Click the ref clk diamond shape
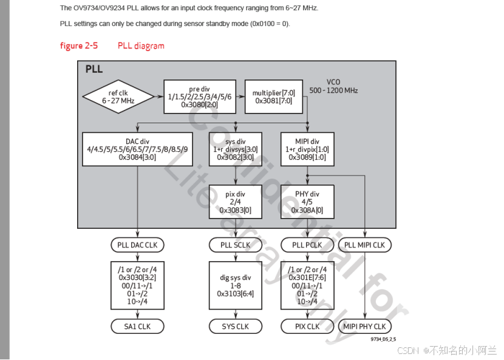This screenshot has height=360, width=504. coord(118,97)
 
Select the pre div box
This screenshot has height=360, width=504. coord(200,97)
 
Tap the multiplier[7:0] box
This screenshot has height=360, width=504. coord(273,97)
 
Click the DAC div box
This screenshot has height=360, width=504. coord(137,149)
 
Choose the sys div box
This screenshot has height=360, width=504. coord(235,149)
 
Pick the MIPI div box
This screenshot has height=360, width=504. coord(307,149)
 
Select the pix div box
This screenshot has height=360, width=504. coord(235,202)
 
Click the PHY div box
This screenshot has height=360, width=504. coord(307,202)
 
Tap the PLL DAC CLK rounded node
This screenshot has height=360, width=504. coord(137,245)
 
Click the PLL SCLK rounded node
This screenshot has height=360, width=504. coord(235,245)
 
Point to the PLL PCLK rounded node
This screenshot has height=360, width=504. coord(307,245)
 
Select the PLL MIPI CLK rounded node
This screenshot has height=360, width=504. coord(365,245)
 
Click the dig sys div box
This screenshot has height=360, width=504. coord(235,286)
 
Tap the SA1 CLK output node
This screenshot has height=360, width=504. coord(137,326)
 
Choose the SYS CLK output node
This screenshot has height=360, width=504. coord(235,326)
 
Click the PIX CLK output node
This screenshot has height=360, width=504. coord(307,326)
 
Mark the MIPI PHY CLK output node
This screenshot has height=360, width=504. coord(365,326)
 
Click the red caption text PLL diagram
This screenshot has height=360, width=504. coord(141,46)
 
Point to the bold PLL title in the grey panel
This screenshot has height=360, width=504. coord(94,69)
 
